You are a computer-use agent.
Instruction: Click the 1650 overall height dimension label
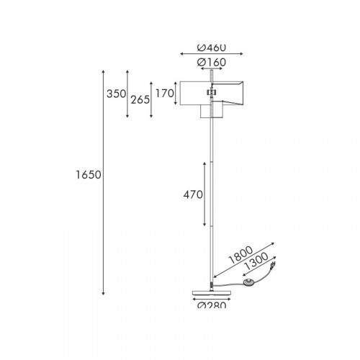point(89,175)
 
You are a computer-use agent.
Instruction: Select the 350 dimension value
point(117,94)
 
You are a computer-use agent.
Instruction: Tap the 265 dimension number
point(140,99)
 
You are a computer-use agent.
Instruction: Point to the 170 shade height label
point(165,93)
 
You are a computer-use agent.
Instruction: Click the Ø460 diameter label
point(212,48)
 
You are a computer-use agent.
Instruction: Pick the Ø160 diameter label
point(212,63)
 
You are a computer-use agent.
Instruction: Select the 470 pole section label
point(193,194)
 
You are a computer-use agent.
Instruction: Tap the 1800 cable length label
point(240,255)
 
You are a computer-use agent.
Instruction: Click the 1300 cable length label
point(256,261)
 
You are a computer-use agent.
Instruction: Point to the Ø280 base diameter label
point(212,305)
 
